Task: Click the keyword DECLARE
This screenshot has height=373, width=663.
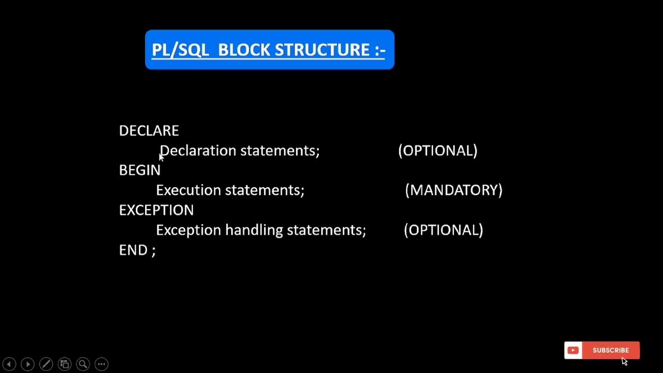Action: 149,131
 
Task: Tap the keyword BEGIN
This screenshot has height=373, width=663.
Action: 140,170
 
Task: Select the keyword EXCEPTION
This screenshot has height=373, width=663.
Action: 156,210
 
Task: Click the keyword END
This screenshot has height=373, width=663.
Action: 132,250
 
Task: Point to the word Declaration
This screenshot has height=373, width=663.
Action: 198,151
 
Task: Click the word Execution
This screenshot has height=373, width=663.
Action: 189,190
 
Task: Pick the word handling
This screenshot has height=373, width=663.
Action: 254,230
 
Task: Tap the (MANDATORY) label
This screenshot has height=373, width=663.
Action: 454,190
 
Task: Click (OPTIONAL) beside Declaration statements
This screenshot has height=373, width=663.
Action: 438,151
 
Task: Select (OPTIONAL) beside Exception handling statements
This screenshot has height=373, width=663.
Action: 443,230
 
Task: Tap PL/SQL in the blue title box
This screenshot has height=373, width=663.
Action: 180,50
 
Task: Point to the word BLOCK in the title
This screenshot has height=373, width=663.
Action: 244,50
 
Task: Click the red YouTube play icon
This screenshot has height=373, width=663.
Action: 573,350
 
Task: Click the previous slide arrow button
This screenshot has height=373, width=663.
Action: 9,364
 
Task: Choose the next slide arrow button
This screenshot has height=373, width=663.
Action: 28,364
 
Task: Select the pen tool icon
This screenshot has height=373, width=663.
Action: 46,364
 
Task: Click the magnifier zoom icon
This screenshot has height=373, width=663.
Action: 83,364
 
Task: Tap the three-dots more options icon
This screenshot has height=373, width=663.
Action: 102,364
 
